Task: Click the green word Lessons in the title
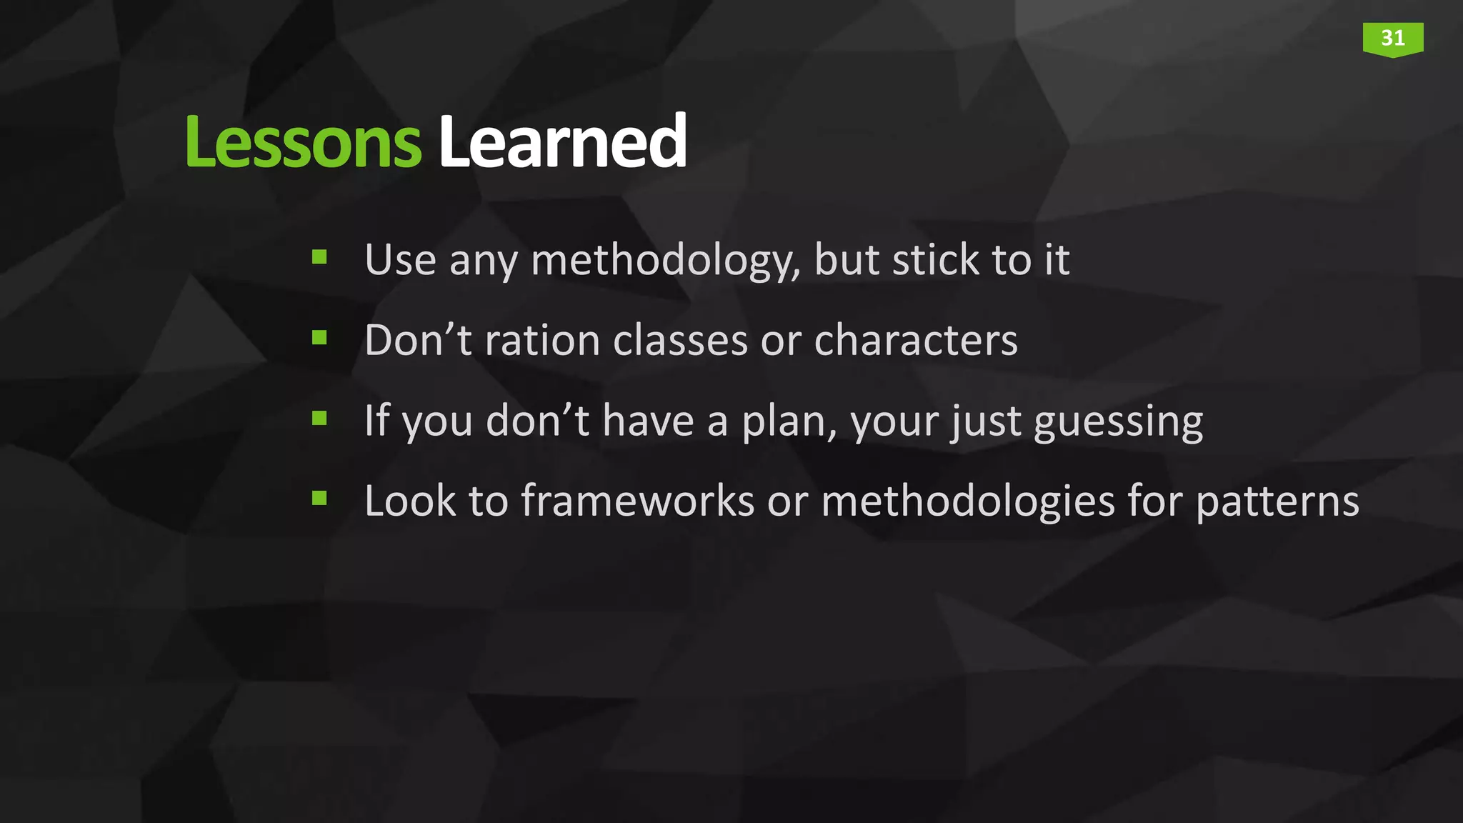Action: [x=303, y=143]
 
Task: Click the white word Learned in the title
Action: [x=562, y=143]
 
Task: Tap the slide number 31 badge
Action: [x=1392, y=39]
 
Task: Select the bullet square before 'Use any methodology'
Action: [x=319, y=256]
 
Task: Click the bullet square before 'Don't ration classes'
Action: [x=319, y=337]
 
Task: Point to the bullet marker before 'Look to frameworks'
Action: [x=319, y=498]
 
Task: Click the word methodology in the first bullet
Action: [x=664, y=261]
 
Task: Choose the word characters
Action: [x=915, y=340]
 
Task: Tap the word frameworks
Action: [x=637, y=501]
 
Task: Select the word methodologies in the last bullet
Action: [x=967, y=501]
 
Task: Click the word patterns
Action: [x=1277, y=502]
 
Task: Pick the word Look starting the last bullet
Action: [x=410, y=501]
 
